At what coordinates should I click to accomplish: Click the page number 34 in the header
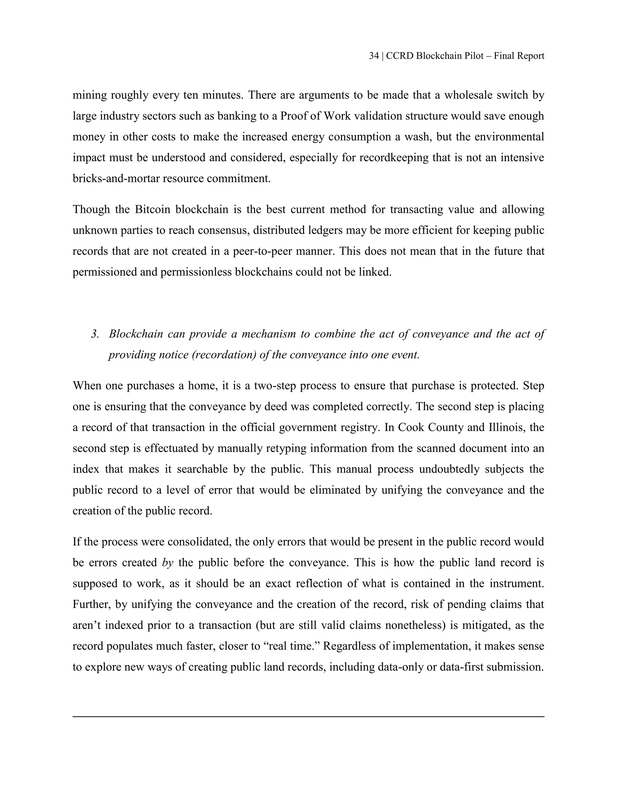(374, 56)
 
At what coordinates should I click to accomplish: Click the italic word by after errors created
(168, 562)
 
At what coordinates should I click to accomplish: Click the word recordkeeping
(394, 157)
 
